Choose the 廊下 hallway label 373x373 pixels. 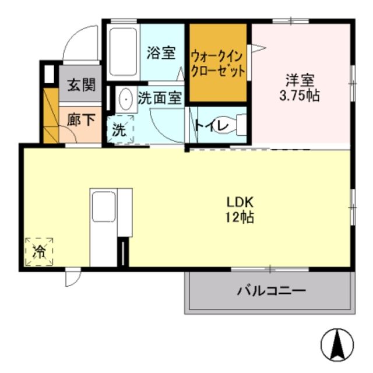[80, 121]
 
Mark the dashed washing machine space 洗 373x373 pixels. [119, 129]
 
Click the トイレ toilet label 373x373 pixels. [207, 125]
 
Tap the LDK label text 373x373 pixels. [240, 203]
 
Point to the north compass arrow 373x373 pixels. [337, 344]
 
